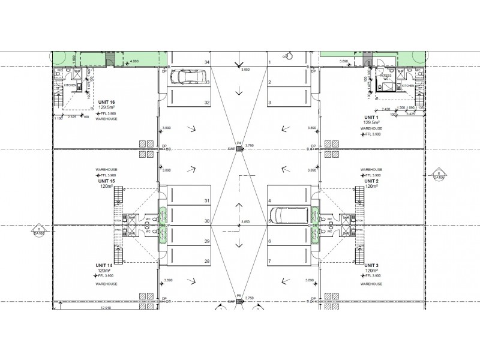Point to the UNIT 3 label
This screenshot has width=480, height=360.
click(372, 265)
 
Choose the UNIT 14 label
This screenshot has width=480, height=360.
click(104, 265)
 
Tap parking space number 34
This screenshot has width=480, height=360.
click(207, 62)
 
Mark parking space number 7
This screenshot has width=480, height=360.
click(270, 261)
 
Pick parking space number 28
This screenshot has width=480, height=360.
click(207, 261)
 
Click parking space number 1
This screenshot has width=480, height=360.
click(270, 62)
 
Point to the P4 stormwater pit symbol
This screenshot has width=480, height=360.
click(239, 148)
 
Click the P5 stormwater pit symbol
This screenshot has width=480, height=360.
click(239, 301)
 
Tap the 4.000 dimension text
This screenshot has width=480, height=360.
click(134, 61)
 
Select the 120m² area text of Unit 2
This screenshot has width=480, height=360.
click(371, 187)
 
